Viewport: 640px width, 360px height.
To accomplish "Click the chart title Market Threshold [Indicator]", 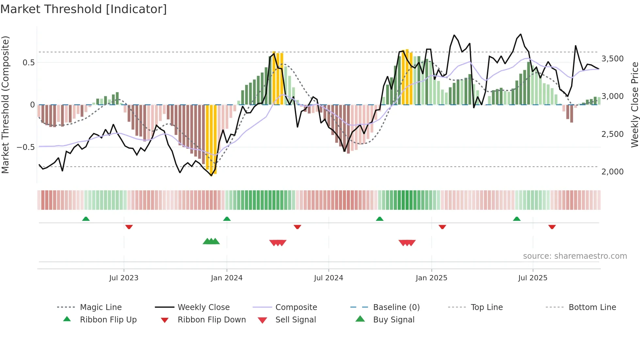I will [84, 9].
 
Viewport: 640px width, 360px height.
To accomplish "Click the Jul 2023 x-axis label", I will [124, 278].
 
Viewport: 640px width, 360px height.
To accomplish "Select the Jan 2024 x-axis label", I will [227, 278].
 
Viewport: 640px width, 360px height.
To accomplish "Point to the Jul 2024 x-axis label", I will [328, 278].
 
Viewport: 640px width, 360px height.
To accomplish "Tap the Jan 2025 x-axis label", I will [431, 278].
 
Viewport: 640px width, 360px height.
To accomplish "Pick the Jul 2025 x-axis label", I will [533, 278].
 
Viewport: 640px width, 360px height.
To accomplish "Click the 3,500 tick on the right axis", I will [613, 59].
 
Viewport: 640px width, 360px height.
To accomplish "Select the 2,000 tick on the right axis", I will [613, 172].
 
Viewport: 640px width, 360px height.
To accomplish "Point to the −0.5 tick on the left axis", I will [26, 147].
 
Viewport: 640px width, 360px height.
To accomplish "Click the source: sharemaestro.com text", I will [575, 256].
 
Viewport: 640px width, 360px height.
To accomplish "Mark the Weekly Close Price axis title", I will [634, 105].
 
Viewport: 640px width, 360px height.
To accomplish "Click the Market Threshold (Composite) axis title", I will [5, 105].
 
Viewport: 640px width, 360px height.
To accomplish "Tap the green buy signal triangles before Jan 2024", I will [211, 242].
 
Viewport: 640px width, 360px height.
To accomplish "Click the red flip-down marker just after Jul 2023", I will [129, 227].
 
